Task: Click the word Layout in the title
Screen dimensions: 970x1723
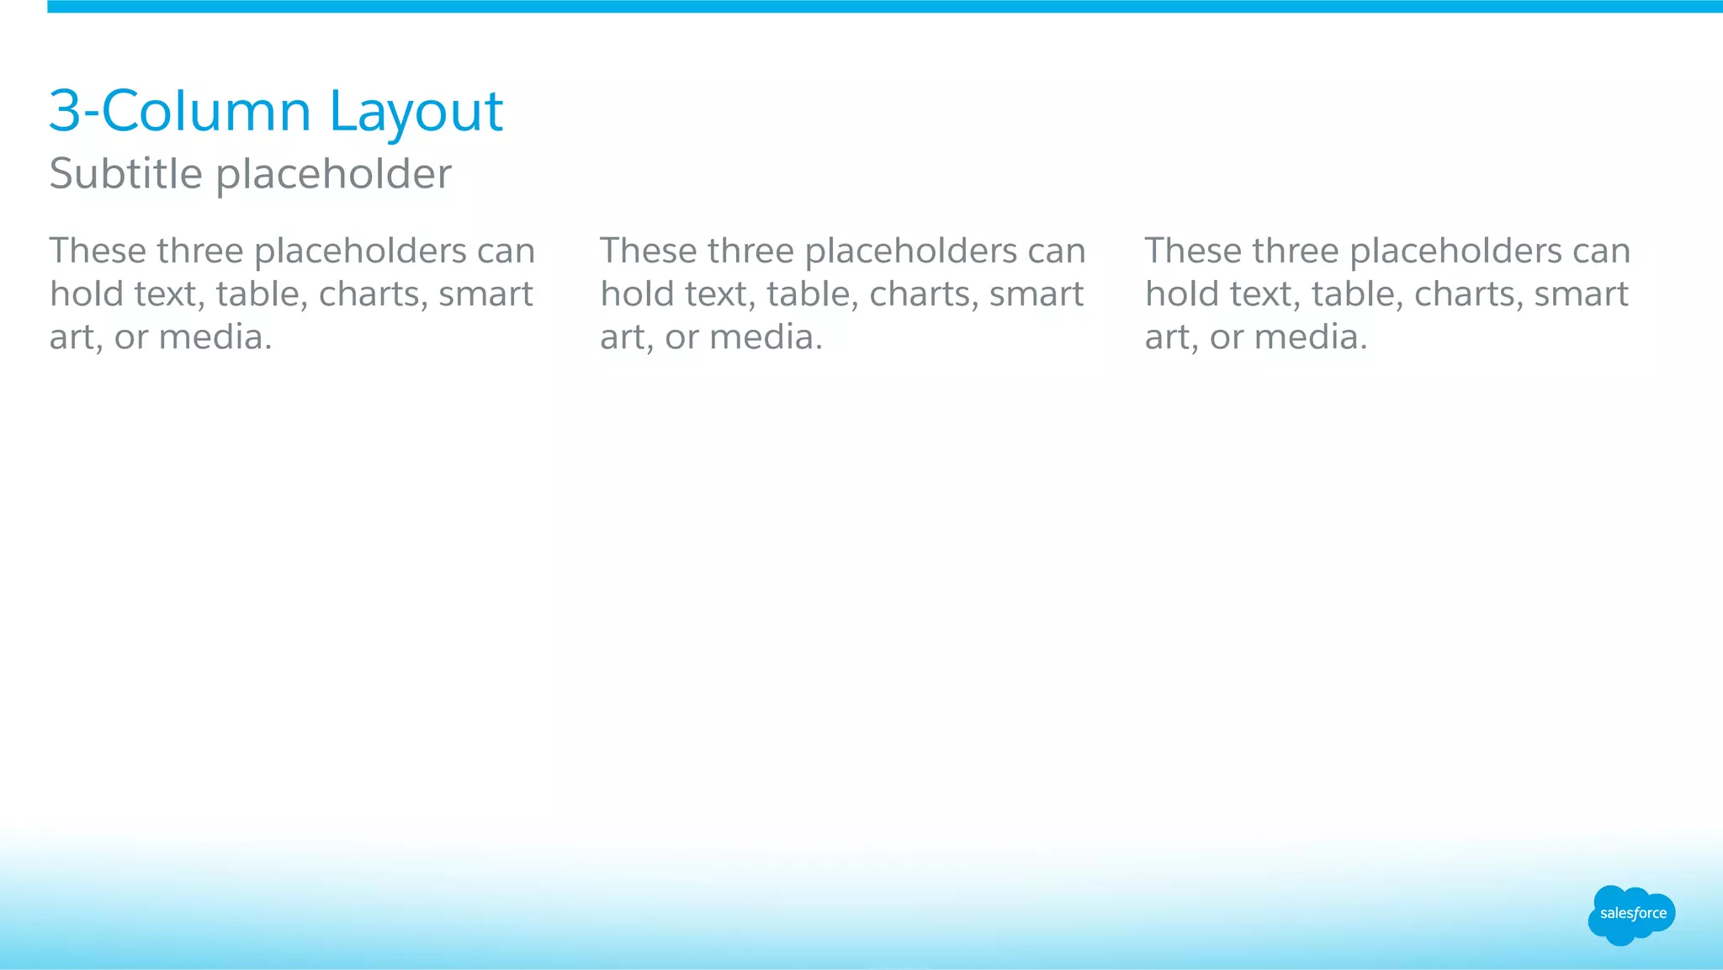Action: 416,112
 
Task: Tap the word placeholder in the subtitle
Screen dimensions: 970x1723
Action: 334,175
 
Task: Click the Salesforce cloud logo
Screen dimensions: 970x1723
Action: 1632,914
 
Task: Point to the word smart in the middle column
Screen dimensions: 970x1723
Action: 1036,294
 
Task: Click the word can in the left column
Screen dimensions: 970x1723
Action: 506,251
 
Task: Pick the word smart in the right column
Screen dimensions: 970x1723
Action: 1582,294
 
